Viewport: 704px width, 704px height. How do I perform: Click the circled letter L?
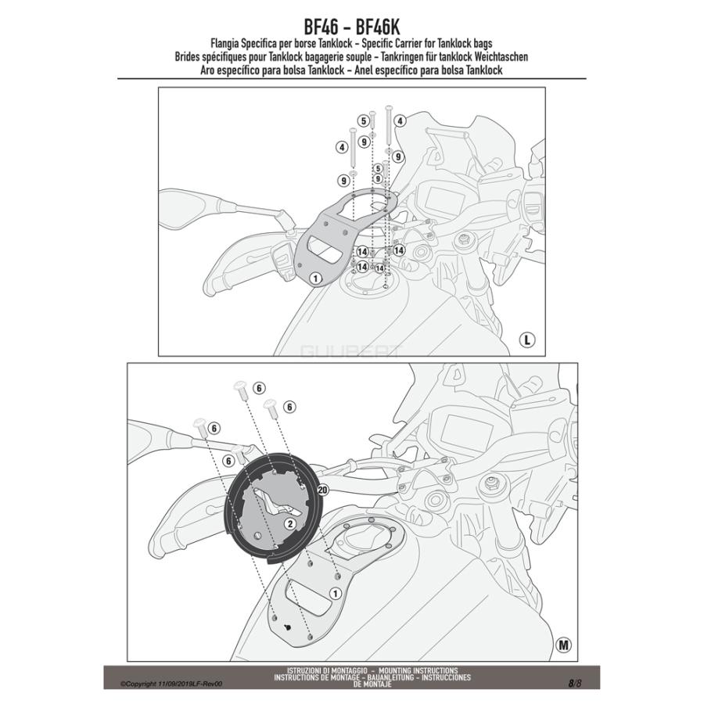click(528, 340)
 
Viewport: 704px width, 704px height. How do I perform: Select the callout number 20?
click(323, 490)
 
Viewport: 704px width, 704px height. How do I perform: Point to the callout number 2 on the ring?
click(289, 523)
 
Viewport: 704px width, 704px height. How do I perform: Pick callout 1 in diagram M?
click(336, 594)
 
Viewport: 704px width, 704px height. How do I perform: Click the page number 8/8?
click(575, 683)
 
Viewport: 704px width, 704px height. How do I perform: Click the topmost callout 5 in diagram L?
click(363, 120)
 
